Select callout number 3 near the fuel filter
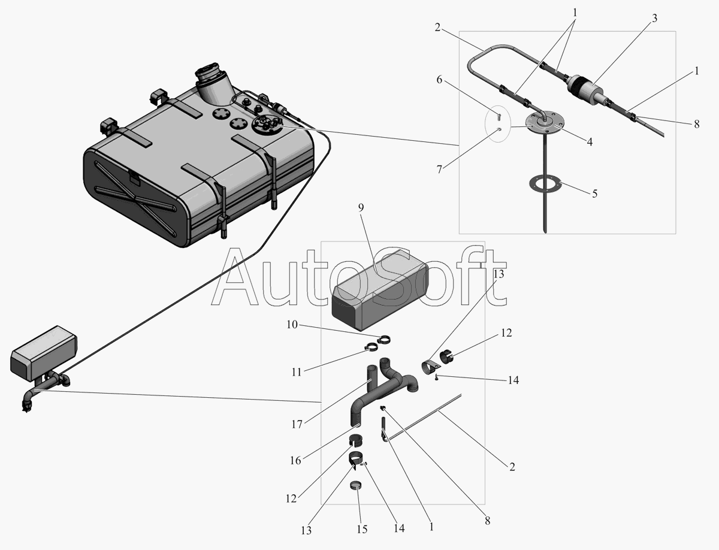point(654,19)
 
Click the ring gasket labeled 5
point(545,185)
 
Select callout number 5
point(595,194)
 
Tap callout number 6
point(439,80)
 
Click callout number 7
point(439,170)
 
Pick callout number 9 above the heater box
point(361,207)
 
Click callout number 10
point(292,324)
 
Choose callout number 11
point(297,372)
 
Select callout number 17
point(297,424)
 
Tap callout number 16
point(295,461)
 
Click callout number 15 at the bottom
point(362,529)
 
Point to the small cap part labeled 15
point(356,485)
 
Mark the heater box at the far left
point(44,353)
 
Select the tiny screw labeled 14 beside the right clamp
point(437,377)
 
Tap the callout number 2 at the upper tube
point(437,28)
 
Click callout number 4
point(590,142)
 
